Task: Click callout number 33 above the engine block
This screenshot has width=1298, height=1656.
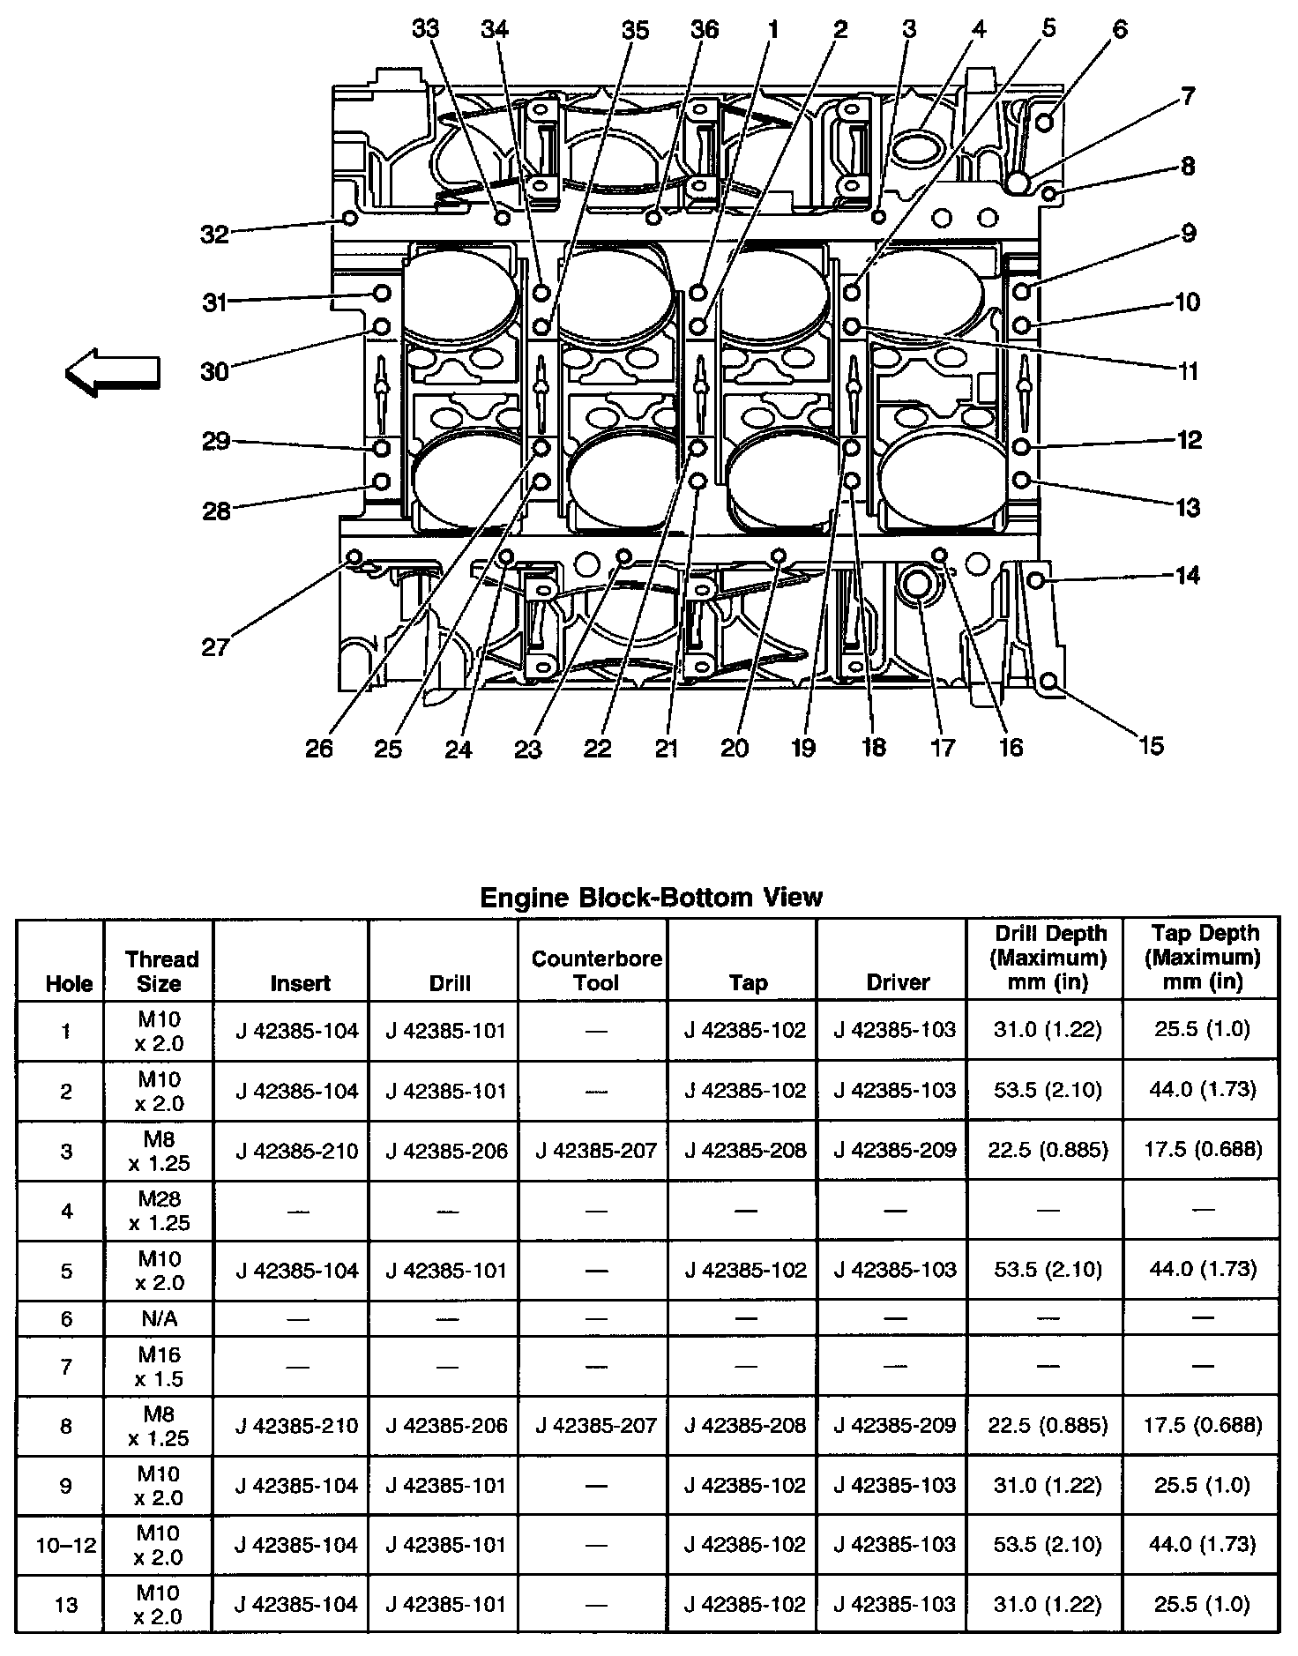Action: tap(426, 29)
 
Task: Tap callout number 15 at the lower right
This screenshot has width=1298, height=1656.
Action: tap(1152, 745)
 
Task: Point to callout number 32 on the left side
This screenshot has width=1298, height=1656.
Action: tap(214, 234)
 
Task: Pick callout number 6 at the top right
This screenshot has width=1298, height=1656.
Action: tap(1120, 29)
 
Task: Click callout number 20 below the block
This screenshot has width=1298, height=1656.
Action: tap(735, 748)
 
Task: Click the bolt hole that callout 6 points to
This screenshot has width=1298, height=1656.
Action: tap(1045, 122)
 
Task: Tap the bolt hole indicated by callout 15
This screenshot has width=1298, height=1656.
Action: tap(1048, 681)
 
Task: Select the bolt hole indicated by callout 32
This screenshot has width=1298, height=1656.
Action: tap(349, 217)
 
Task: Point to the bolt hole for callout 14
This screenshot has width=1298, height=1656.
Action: tap(1037, 579)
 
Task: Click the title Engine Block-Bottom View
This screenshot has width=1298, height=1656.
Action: tap(651, 898)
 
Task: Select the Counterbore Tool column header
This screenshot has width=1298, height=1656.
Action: tap(596, 970)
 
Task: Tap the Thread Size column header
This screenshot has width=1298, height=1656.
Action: tap(160, 971)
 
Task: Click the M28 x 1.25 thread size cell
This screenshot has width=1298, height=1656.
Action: tap(160, 1211)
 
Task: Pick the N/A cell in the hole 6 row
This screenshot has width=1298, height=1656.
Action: tap(160, 1318)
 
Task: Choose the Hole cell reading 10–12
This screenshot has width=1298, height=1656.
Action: tap(67, 1544)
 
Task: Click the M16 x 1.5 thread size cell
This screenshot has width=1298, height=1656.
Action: tap(160, 1366)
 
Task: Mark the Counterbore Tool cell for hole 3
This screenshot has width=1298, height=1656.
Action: tap(596, 1151)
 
